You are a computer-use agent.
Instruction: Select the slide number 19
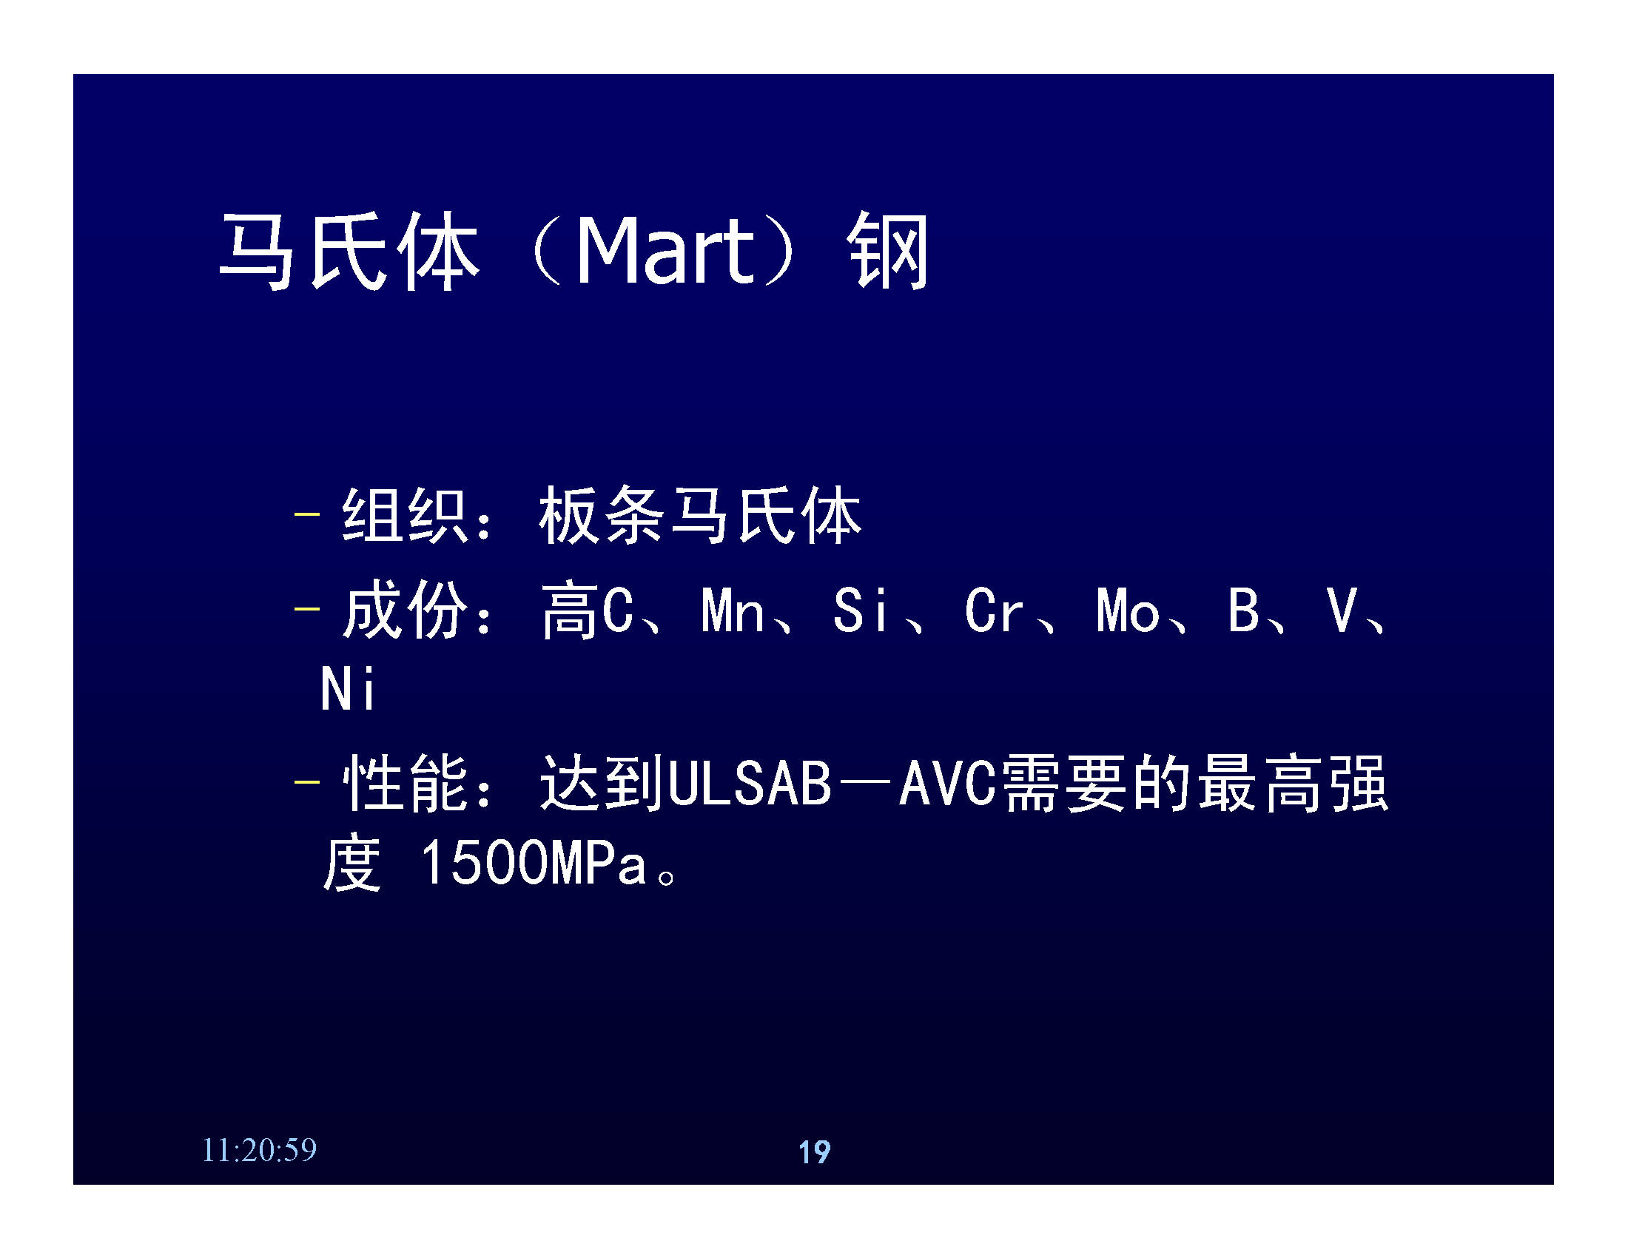tap(814, 1152)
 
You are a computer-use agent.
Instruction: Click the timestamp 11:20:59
tap(260, 1150)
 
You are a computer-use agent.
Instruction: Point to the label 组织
tap(406, 515)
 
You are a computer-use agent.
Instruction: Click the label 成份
tap(406, 610)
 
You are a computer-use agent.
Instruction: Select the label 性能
tap(406, 782)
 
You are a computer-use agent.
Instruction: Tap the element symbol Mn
tap(733, 610)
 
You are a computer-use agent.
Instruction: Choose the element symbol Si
tap(860, 610)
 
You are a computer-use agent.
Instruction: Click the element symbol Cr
tap(994, 610)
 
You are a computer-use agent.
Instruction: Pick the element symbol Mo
tap(1128, 610)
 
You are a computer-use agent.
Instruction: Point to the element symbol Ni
tap(347, 689)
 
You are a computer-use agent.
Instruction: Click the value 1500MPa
tap(534, 863)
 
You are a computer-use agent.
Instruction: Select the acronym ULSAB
tap(749, 783)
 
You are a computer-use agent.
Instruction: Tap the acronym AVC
tap(947, 783)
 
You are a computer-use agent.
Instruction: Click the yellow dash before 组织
tap(307, 514)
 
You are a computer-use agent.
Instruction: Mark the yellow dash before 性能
tap(307, 781)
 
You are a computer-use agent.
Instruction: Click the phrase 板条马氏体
tap(700, 515)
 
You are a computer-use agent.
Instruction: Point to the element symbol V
tap(1342, 610)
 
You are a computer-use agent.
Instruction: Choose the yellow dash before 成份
tap(307, 609)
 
